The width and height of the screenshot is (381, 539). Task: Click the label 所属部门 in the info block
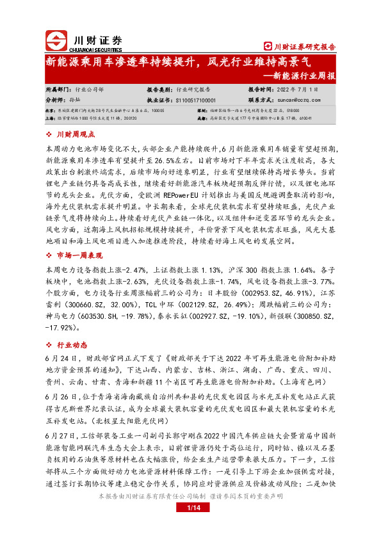pos(59,91)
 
